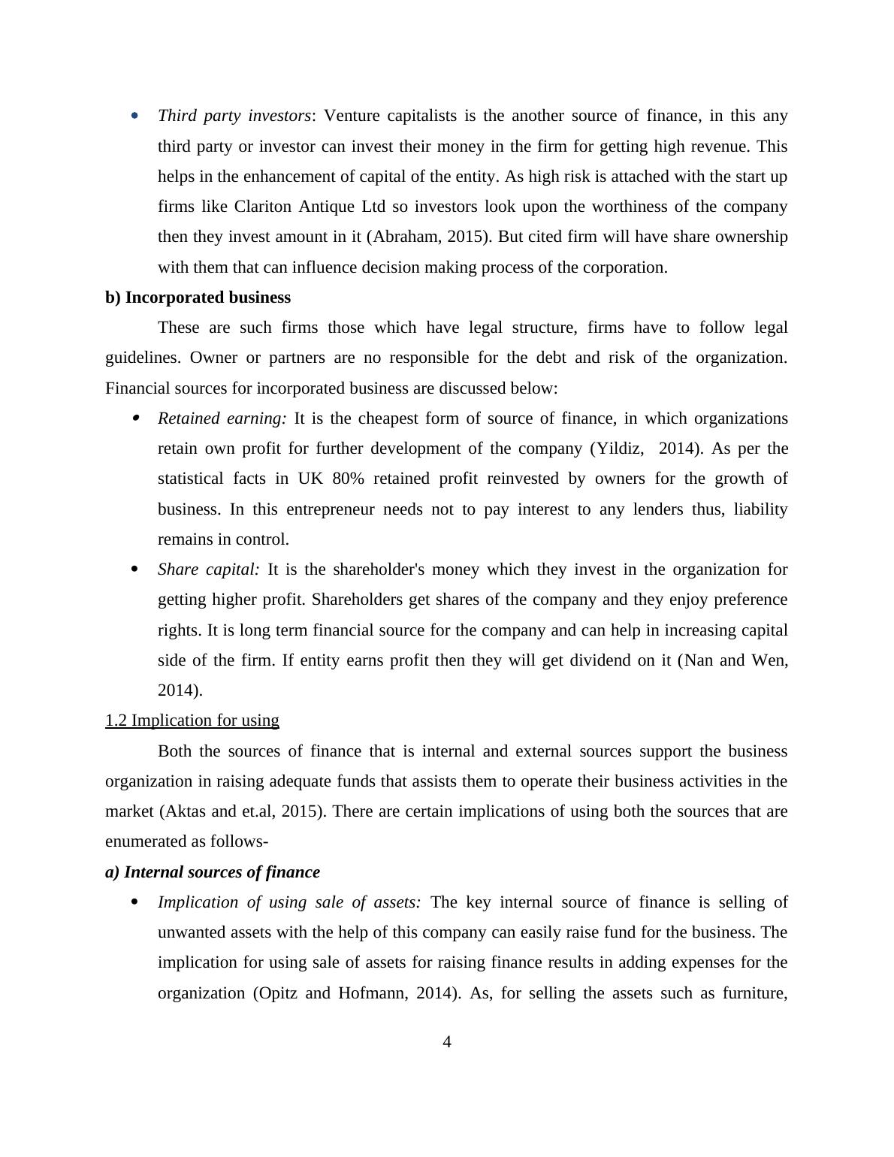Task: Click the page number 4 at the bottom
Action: [x=447, y=1042]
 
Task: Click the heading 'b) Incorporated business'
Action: [x=198, y=298]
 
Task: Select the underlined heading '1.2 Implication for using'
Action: [x=192, y=720]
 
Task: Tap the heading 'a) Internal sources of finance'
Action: [x=213, y=872]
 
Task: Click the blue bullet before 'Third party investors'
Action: [x=135, y=116]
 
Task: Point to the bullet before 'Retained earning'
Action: [x=135, y=418]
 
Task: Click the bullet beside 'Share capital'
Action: [x=135, y=569]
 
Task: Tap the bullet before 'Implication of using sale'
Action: [x=135, y=902]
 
